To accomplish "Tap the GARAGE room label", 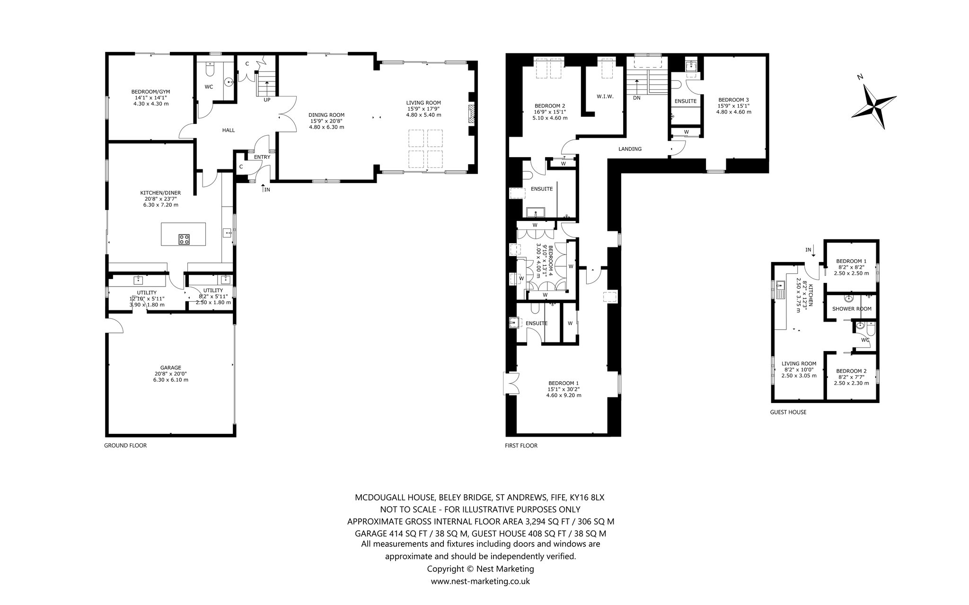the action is [170, 368].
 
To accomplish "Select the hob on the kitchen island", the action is [184, 239].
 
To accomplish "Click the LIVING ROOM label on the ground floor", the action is [423, 103].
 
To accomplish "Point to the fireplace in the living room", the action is [471, 114].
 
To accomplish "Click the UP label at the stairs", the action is [267, 100].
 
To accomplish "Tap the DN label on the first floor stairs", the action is [636, 97].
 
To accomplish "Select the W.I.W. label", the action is [605, 97].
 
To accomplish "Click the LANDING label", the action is [630, 149].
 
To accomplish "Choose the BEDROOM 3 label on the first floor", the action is [733, 100].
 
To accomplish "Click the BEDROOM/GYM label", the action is [150, 92].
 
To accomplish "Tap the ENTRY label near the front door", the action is [262, 157].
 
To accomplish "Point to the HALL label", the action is [228, 131].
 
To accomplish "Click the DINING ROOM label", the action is [326, 115].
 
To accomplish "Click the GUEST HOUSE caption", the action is [788, 412].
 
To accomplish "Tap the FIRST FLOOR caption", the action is [521, 446].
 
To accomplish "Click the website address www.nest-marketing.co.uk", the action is [480, 581].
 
